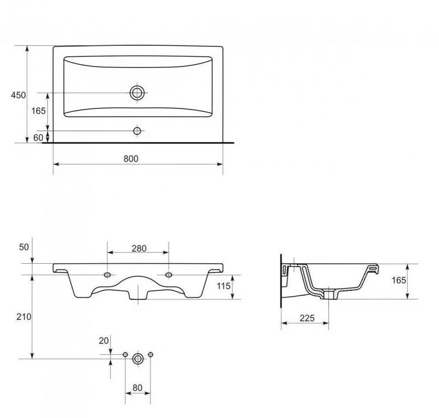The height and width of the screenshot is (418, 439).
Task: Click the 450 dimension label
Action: coord(18,95)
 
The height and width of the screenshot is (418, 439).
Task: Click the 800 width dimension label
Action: coord(131,159)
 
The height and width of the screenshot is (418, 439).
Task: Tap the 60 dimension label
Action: coord(38,138)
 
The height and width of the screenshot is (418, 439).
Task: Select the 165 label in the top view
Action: coord(38,111)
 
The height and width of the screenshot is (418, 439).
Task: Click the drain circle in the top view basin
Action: coord(137,93)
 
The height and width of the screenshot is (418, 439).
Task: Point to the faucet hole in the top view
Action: coord(137,131)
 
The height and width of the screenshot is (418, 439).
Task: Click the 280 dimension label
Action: coord(139,248)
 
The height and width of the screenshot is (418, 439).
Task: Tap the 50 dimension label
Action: coord(24,247)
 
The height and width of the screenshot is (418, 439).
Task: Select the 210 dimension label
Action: coord(24,317)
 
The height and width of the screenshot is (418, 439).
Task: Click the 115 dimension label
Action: coord(223,286)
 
